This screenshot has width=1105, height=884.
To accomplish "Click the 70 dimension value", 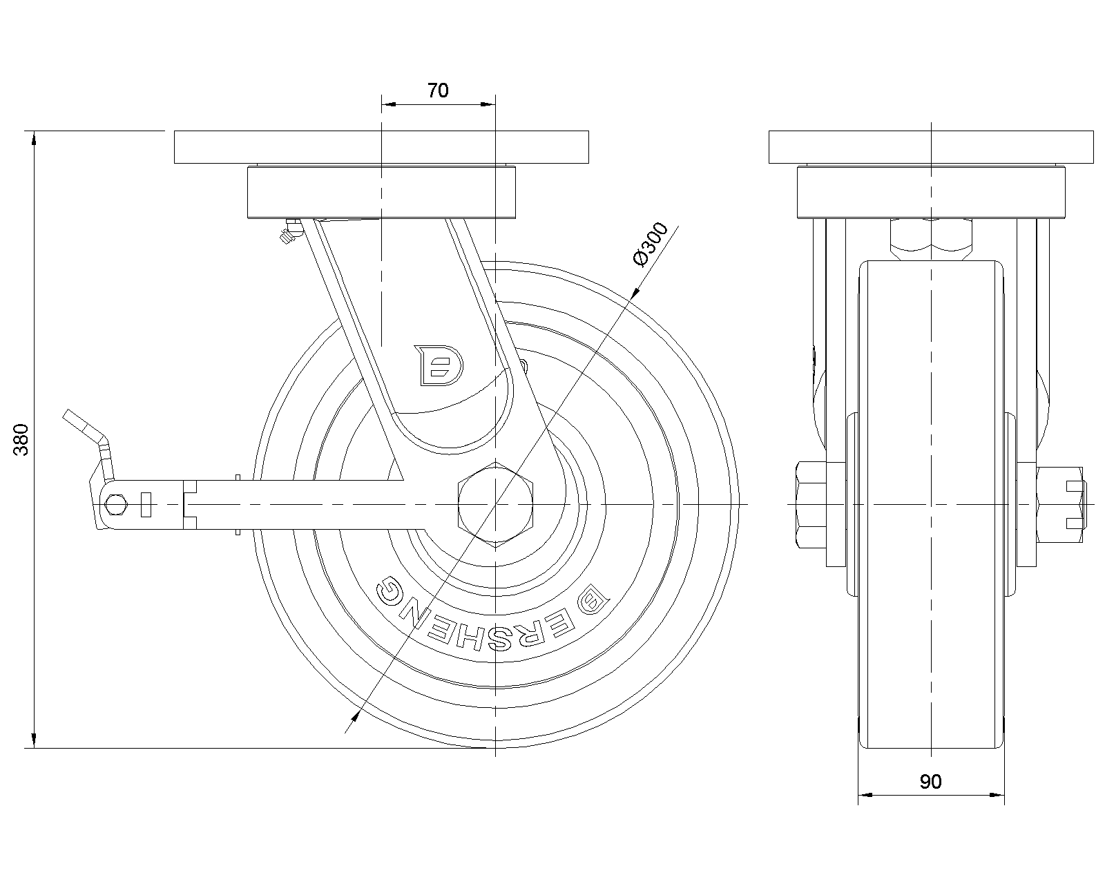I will (x=438, y=90).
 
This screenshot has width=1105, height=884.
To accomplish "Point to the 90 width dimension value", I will (x=930, y=782).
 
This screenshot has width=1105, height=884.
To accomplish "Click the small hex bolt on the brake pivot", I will (x=116, y=505).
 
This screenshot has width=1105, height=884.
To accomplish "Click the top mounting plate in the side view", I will (x=381, y=146).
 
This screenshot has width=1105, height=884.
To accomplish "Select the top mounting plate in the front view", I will (x=931, y=146).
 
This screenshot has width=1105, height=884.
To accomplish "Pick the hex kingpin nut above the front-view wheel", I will (x=931, y=238).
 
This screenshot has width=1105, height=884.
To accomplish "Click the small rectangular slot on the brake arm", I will (x=145, y=505).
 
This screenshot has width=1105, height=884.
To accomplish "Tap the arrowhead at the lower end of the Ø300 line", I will (x=352, y=721).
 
